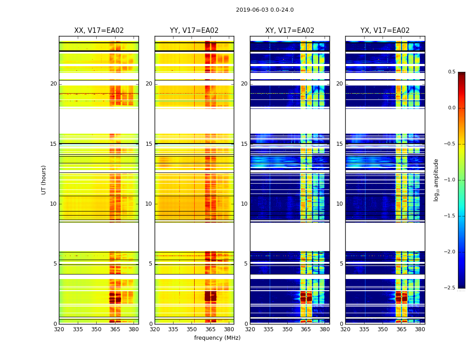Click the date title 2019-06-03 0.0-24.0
coord(265,10)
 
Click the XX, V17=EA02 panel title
coord(99,31)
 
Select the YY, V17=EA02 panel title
coord(194,31)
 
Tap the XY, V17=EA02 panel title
coord(289,31)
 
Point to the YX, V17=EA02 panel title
coord(385,31)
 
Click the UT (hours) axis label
coord(44,180)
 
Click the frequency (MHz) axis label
coord(217,338)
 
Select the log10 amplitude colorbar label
coord(436,180)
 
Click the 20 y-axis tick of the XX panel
coord(53,84)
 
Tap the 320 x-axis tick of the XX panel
coord(59,329)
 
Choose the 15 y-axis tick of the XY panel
coord(244,144)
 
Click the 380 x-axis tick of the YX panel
coord(420,329)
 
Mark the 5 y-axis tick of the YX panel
coord(341,264)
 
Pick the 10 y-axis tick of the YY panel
coord(149,204)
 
